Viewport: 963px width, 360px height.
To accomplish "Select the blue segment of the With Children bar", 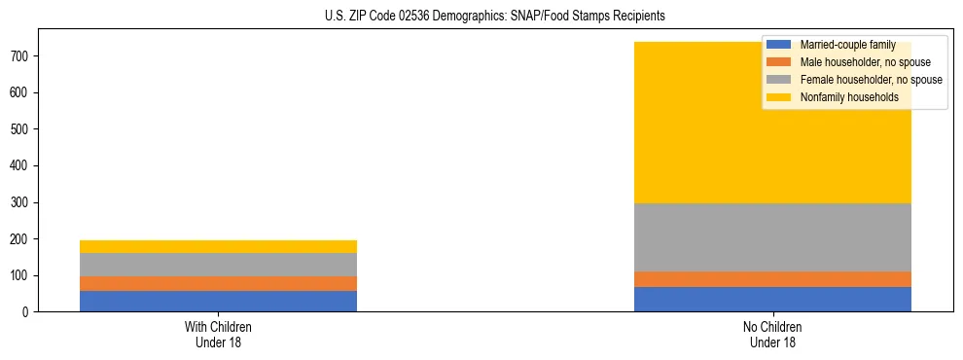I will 218,301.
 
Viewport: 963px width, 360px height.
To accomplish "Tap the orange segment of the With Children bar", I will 218,283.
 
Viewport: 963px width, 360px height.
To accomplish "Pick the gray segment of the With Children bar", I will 218,265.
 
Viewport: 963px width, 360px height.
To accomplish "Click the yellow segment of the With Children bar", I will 218,246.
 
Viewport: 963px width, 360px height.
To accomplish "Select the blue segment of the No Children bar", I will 772,299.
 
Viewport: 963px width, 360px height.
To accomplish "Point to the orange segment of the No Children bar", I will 772,279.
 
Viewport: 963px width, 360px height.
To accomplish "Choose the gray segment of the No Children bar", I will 772,237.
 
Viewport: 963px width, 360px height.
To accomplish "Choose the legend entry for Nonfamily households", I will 842,97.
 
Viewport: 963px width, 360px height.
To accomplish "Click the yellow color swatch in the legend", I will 779,97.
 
